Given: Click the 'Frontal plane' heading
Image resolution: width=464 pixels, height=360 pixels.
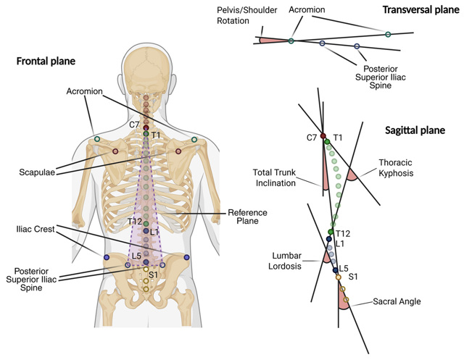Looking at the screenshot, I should (46, 61).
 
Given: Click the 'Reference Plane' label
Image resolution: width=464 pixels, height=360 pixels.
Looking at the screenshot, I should (247, 216).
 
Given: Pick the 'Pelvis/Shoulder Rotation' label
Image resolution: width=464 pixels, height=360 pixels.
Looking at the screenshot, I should (243, 15).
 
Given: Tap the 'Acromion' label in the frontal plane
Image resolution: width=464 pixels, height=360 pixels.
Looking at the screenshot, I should (85, 91).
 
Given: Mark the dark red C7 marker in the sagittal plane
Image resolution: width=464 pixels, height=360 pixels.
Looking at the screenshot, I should (323, 135).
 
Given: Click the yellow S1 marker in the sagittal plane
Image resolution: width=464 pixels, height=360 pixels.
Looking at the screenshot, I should (338, 277).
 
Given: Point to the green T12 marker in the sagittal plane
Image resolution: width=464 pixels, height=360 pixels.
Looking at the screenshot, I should (331, 232).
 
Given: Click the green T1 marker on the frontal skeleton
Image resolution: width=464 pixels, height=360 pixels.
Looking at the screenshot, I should (146, 134).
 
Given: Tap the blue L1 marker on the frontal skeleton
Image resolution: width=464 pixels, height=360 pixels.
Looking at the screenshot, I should (146, 231).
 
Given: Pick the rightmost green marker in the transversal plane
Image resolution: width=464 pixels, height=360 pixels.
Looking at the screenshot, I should (388, 34).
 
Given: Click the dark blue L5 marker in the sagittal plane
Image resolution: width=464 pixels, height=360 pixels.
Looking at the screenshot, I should (335, 269).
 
